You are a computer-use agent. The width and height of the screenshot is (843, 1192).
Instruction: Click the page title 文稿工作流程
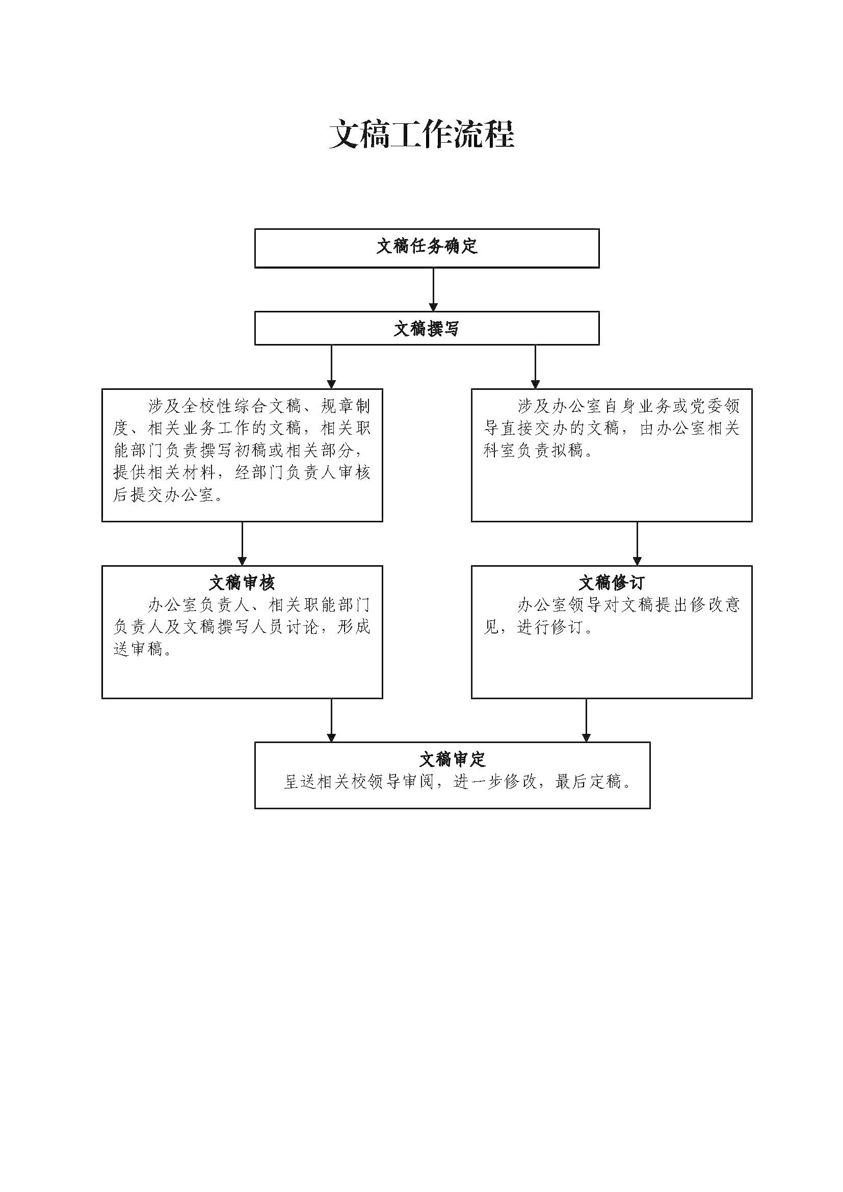tap(422, 135)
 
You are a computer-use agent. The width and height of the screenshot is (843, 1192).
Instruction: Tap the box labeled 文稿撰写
tap(427, 328)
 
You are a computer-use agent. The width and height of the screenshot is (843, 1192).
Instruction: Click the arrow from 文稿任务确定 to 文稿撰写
tap(433, 289)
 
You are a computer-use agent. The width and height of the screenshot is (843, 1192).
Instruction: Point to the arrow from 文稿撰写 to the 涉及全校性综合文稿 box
tap(331, 366)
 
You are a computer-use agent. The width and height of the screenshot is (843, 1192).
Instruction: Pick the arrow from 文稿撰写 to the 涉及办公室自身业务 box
tap(535, 366)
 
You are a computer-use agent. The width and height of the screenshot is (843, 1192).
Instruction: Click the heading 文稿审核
tap(242, 582)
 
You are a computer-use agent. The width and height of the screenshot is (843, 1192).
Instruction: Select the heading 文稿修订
tap(612, 582)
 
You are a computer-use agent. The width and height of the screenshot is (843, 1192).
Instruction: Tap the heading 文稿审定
tap(452, 759)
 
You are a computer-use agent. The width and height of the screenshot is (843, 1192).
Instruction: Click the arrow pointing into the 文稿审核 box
tap(242, 544)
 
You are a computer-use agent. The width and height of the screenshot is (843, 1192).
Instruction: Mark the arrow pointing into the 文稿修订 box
tap(637, 544)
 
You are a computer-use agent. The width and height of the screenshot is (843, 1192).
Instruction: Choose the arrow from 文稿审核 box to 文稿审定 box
tap(331, 720)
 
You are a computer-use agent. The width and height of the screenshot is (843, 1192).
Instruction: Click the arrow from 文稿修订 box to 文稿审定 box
tap(586, 720)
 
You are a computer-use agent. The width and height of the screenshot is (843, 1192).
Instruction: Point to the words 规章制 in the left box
tap(345, 406)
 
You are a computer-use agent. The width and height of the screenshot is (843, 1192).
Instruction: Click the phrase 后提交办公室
tap(164, 495)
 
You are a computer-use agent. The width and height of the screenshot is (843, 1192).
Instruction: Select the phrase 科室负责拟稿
tap(535, 451)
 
